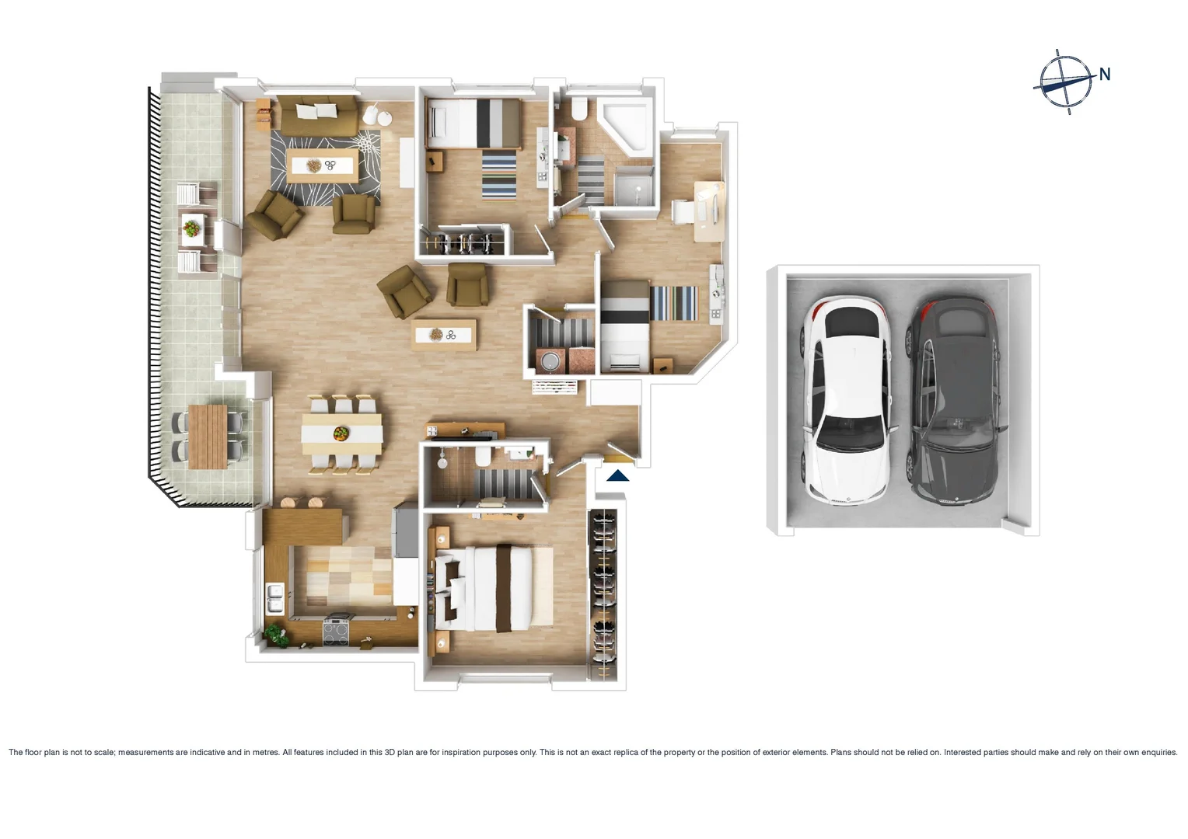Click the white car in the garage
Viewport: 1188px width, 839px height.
tap(847, 400)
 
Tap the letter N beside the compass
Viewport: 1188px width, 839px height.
tap(1104, 75)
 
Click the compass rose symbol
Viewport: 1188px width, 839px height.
tap(1065, 82)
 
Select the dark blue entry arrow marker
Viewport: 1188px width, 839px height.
tap(618, 475)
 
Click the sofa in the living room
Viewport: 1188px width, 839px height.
tap(318, 116)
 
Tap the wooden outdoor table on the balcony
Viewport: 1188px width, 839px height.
tap(208, 436)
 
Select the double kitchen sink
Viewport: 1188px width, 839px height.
tap(274, 598)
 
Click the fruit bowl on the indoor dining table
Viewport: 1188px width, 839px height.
tap(341, 433)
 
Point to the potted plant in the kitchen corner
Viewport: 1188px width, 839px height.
tap(275, 635)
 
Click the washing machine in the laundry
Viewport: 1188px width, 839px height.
tap(550, 361)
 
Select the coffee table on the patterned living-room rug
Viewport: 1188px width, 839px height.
tap(322, 165)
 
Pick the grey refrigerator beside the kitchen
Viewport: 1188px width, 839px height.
tap(405, 530)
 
